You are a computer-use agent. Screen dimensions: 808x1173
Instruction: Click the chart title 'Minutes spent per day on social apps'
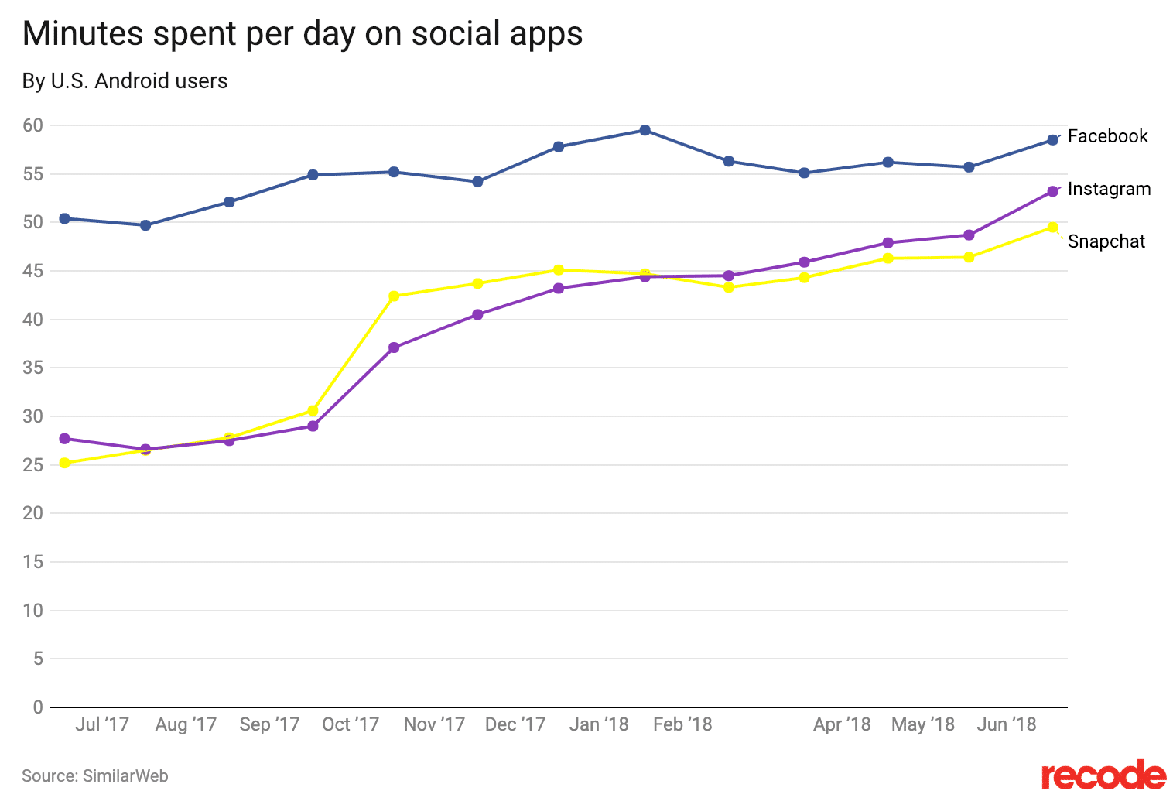pos(303,34)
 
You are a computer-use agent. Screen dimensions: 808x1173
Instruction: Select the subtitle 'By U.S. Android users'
pos(125,81)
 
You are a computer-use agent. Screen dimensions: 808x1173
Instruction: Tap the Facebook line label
pos(1107,136)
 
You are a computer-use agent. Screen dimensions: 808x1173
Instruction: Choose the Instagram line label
pos(1109,189)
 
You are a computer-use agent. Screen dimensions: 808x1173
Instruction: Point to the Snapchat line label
pos(1106,241)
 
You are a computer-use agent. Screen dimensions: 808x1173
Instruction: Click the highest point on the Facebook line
pos(645,130)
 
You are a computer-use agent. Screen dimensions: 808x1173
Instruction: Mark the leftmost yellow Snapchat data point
pos(65,463)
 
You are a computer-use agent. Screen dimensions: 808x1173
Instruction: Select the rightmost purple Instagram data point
pos(1052,191)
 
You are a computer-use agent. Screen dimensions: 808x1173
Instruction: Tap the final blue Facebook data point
pos(1052,140)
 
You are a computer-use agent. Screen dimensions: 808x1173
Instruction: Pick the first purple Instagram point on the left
pos(65,439)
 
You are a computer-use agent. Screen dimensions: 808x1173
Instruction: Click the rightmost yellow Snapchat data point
pos(1052,228)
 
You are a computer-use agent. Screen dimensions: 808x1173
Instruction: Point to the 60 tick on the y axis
pos(32,125)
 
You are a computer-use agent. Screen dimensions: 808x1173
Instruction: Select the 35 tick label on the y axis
pos(32,368)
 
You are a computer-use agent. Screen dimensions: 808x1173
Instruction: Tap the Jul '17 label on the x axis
pos(102,724)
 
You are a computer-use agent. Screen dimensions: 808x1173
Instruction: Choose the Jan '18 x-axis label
pos(599,724)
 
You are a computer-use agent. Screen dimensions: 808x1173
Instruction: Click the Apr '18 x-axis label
pos(842,724)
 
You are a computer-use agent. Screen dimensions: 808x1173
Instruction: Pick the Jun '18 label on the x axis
pos(1007,724)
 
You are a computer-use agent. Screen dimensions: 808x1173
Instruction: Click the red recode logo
pos(1103,775)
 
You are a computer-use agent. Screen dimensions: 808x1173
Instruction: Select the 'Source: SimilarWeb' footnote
pos(95,775)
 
